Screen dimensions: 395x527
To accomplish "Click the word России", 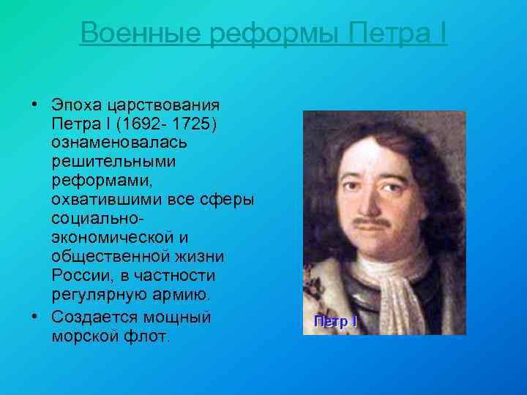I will (x=76, y=276).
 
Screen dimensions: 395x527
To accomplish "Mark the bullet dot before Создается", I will (x=36, y=317).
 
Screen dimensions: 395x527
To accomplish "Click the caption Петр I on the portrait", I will (x=335, y=321).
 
